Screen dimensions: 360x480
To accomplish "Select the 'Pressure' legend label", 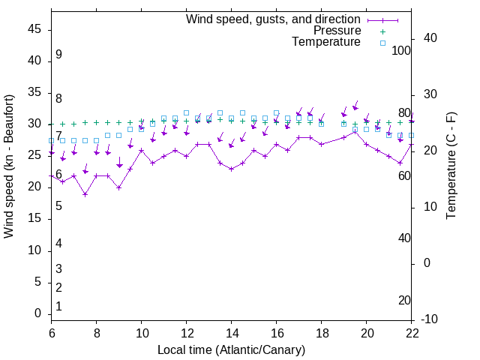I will click(337, 31).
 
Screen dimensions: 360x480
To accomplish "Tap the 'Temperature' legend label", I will click(326, 42).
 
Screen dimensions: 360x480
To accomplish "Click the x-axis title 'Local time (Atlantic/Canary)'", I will click(232, 349).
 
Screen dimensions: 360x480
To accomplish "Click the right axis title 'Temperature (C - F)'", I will click(451, 166).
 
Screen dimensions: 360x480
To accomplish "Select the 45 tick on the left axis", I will click(34, 30).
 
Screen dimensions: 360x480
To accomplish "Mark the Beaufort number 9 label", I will click(58, 55).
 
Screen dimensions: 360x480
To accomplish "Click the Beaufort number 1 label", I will click(58, 307).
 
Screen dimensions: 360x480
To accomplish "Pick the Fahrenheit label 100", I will click(402, 51).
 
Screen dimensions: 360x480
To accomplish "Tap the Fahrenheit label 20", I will click(405, 301).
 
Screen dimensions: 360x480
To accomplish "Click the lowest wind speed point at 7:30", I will click(85, 194).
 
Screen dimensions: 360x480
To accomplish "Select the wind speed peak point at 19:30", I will click(355, 131).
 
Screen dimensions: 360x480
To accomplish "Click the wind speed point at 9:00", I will click(119, 187).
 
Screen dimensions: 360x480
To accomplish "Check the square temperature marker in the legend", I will click(382, 43).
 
